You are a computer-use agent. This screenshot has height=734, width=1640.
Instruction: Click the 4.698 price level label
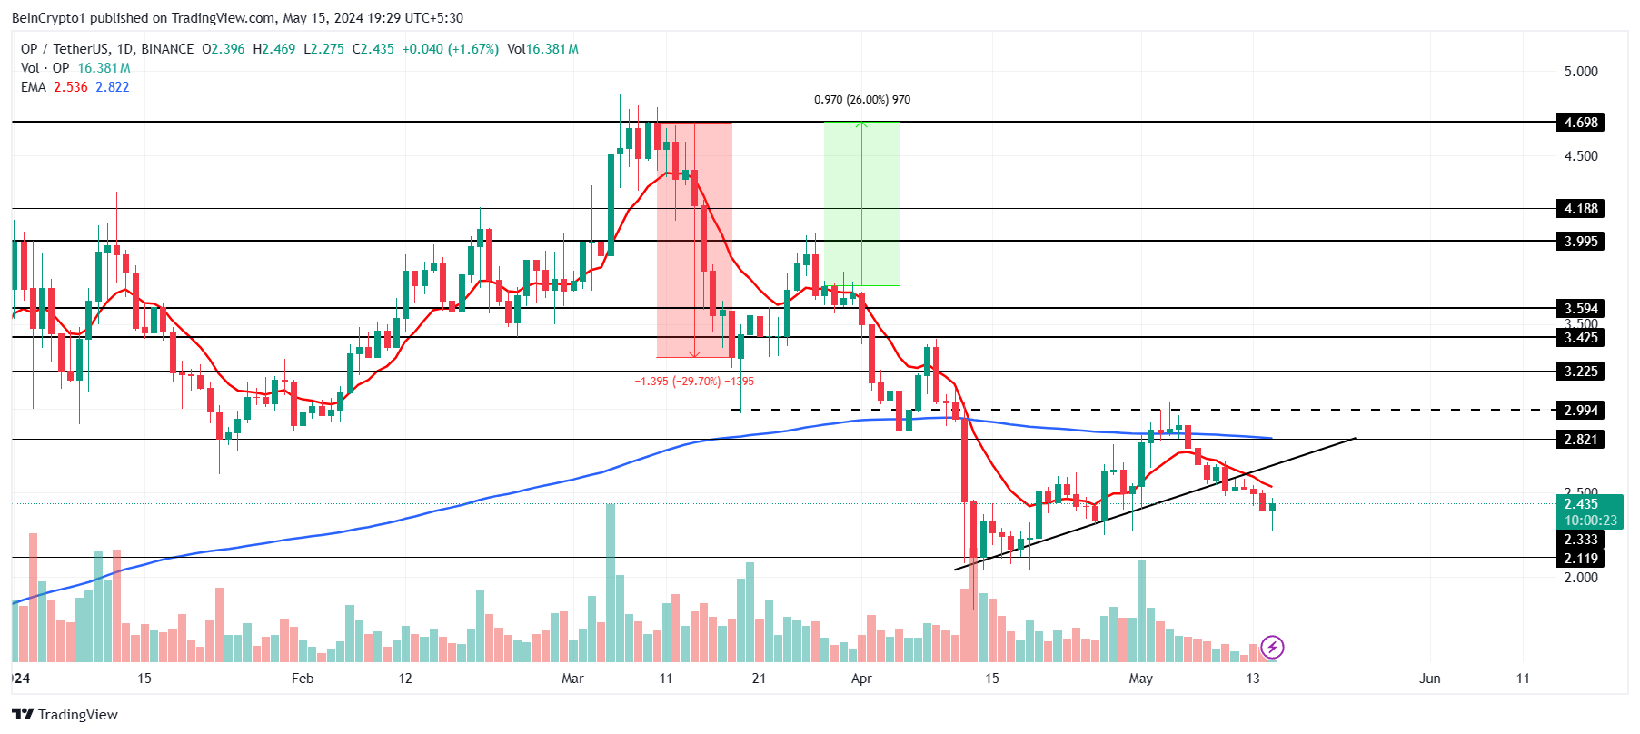(x=1580, y=123)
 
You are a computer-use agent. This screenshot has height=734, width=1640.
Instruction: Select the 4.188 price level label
(x=1580, y=209)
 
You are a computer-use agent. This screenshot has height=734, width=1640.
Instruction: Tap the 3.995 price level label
(x=1580, y=242)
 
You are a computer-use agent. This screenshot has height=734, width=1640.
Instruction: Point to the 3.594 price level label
(x=1580, y=309)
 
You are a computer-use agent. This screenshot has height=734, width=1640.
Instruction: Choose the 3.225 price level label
(x=1580, y=372)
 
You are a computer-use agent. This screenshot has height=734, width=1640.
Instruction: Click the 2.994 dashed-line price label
(x=1580, y=411)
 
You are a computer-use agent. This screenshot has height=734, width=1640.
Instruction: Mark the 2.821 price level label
(x=1580, y=440)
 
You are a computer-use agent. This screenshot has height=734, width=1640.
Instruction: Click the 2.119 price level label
(x=1580, y=559)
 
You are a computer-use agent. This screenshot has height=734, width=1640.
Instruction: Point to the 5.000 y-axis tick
(x=1580, y=72)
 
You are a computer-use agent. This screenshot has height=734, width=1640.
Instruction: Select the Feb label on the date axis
(x=303, y=679)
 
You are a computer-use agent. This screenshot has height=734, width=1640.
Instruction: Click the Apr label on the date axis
(x=861, y=679)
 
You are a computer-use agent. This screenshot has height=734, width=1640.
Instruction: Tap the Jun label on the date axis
(x=1429, y=679)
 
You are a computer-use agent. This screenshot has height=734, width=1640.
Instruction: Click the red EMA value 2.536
(x=71, y=87)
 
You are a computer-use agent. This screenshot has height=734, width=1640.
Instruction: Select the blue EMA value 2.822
(x=113, y=87)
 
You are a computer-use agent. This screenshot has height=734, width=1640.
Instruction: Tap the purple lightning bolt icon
(x=1272, y=647)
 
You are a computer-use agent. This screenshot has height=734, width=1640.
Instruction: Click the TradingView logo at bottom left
(x=65, y=714)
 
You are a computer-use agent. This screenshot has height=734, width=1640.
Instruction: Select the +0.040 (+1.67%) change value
(x=451, y=49)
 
